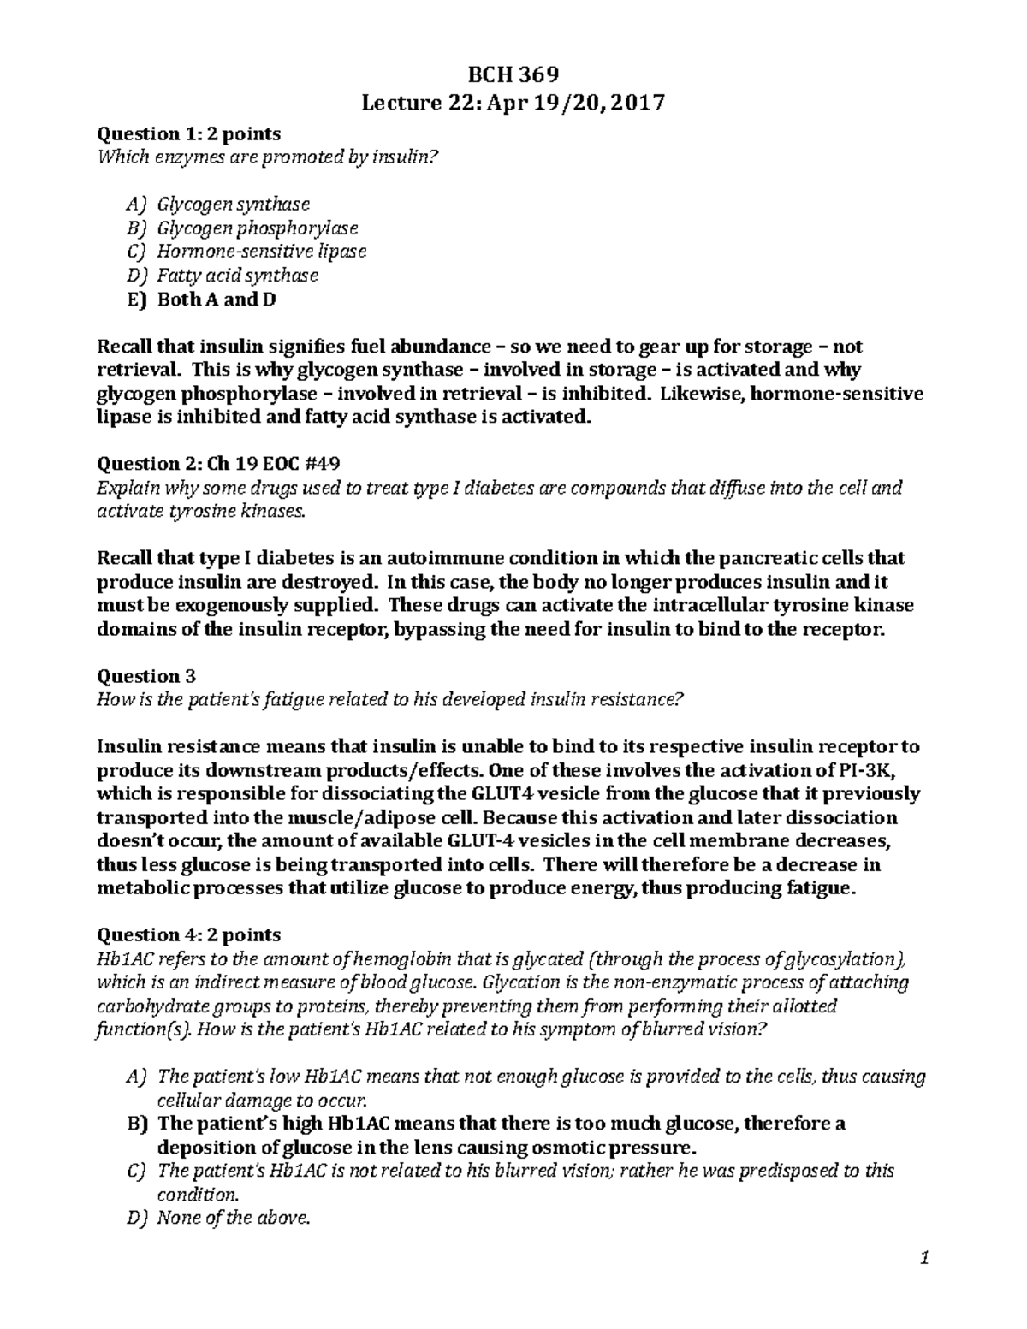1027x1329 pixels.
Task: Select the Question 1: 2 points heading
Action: (189, 134)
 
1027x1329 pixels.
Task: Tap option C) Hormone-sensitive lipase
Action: (261, 252)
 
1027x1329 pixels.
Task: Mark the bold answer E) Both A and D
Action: (216, 300)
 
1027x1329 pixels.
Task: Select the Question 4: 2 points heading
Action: (189, 934)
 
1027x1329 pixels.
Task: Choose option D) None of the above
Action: (232, 1218)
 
